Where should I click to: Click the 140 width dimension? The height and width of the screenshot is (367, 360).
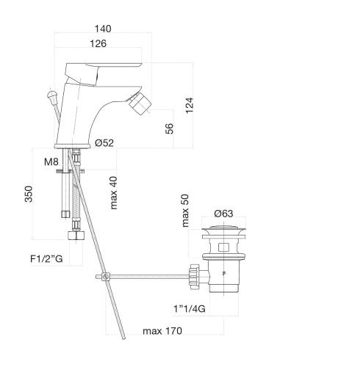[103, 29]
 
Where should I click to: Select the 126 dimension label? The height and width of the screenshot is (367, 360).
[98, 44]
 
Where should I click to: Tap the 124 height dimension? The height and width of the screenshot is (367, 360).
[190, 105]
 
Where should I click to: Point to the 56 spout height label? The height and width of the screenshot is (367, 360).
[169, 128]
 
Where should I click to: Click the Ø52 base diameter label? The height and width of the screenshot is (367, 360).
[104, 143]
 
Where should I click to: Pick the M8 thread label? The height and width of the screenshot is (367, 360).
[51, 161]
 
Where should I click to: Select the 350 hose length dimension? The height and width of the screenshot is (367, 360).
[29, 194]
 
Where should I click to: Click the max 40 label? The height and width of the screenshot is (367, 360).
[114, 193]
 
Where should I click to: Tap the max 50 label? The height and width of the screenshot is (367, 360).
[185, 211]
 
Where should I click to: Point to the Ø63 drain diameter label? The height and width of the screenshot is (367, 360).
[223, 214]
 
